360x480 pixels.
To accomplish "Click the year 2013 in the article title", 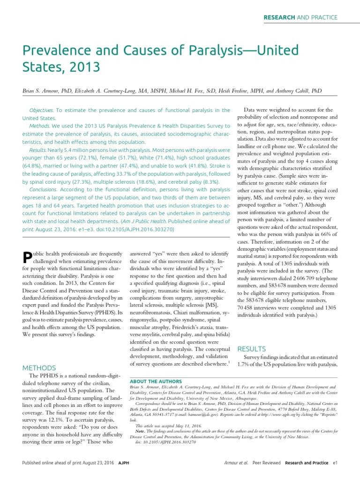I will click(85, 67).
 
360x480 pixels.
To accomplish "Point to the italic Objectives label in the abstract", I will click(41, 110).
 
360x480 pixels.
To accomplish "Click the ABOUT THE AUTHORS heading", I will click(156, 382).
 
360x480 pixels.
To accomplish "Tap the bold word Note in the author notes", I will click(140, 430).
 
